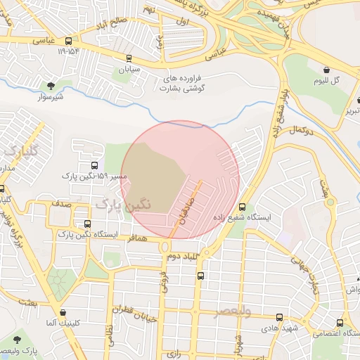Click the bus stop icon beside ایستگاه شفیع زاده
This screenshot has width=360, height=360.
(243, 207)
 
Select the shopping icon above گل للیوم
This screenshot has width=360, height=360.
(328, 69)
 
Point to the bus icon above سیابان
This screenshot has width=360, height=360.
(129, 58)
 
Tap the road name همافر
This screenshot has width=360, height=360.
(137, 240)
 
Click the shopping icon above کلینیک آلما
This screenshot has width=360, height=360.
(64, 312)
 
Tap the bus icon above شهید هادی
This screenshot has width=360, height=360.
(280, 316)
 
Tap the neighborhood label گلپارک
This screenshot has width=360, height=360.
(18, 151)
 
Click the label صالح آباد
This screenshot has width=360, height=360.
(129, 20)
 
